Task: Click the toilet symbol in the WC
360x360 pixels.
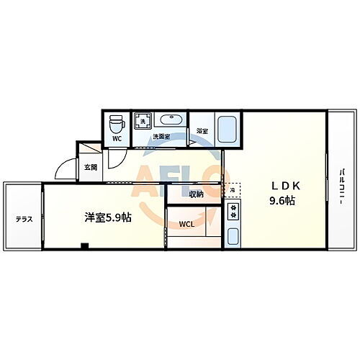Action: [115, 125]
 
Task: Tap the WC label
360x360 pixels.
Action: [117, 139]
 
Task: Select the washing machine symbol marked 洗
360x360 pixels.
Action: [143, 121]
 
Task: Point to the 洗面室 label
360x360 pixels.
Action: [161, 137]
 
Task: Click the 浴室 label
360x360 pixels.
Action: [202, 131]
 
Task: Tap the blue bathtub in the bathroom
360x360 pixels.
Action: [228, 127]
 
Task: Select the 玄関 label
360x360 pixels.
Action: [90, 167]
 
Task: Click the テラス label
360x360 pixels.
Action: [24, 219]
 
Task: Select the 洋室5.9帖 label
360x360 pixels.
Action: [106, 217]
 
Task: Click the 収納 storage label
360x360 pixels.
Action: [196, 194]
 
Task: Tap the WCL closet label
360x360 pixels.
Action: [186, 223]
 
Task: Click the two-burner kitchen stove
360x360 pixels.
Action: [234, 210]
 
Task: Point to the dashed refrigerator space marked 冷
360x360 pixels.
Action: [233, 189]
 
